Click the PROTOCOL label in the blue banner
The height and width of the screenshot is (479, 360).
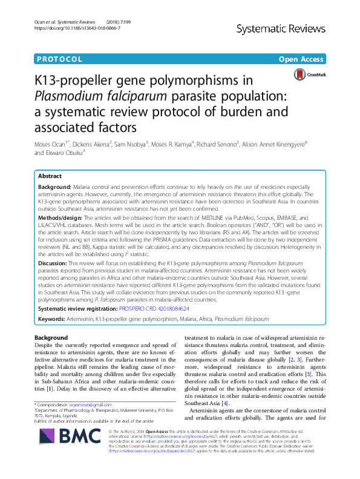(59, 59)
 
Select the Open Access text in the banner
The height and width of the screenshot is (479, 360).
(301, 59)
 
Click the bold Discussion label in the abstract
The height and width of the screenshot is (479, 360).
(53, 264)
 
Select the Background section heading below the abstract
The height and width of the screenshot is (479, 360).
(51, 338)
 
